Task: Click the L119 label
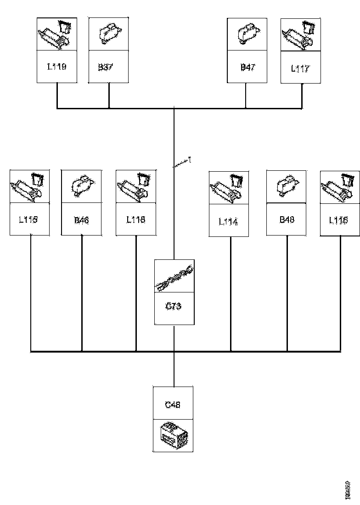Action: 57,67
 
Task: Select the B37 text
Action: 106,67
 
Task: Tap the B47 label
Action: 247,67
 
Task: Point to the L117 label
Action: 301,69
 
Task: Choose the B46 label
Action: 81,220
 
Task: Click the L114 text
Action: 228,222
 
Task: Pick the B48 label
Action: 287,219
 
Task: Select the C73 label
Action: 173,306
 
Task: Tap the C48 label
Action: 173,404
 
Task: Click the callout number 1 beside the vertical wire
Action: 190,160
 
